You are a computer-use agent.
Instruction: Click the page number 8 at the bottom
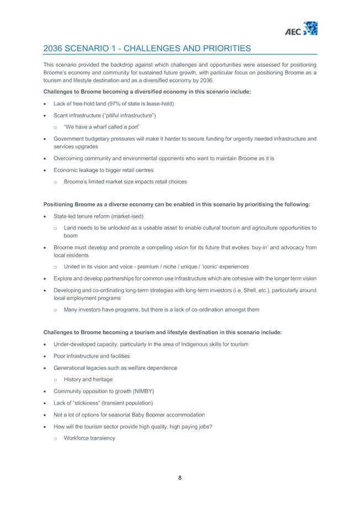pos(180,478)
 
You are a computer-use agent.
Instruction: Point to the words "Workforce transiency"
pos(89,438)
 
